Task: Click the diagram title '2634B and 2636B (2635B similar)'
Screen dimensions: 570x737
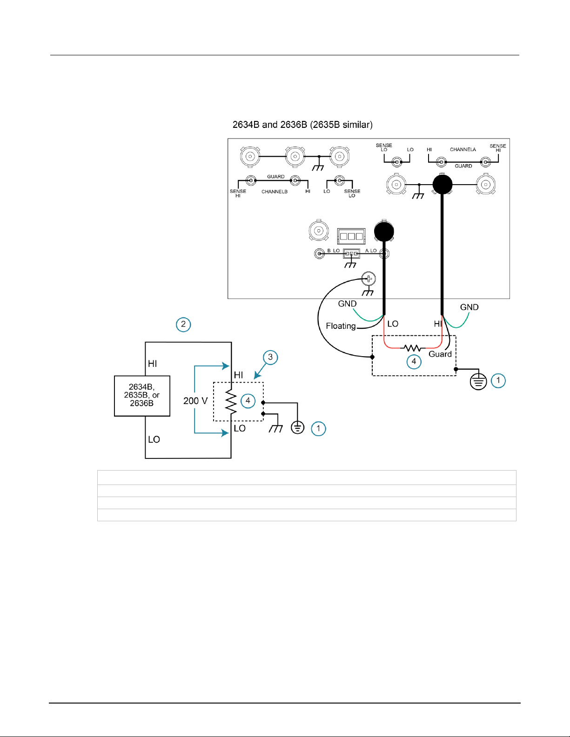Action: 302,125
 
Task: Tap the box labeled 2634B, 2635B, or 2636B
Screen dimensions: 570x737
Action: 142,396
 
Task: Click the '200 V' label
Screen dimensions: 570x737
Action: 195,401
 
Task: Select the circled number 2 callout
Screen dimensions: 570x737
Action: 183,325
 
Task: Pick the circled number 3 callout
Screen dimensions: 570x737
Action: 270,357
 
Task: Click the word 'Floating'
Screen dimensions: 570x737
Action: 341,326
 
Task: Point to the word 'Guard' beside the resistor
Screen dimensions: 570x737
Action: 440,354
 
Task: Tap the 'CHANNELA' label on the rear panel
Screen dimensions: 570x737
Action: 463,150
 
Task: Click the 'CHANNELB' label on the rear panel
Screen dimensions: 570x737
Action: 275,192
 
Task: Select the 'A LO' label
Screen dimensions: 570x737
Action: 371,251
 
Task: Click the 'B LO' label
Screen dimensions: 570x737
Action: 334,251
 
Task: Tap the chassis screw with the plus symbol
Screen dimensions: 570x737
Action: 369,279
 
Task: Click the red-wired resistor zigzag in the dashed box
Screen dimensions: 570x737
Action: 413,348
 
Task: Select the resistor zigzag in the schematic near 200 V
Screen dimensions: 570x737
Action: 231,402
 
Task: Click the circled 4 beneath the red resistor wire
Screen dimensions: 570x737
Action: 414,362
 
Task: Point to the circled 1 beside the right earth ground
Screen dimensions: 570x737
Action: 498,380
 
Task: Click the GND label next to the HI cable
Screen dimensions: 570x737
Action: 469,307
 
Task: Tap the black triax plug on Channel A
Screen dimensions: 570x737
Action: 443,185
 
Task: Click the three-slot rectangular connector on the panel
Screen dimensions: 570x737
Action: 351,236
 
